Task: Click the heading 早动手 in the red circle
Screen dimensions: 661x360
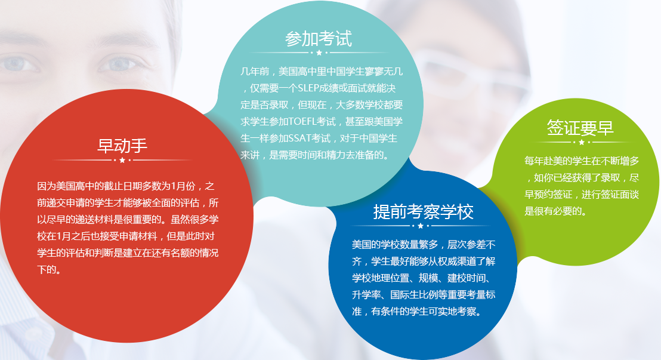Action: [x=122, y=146]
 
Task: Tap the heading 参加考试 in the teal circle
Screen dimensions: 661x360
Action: [x=319, y=39]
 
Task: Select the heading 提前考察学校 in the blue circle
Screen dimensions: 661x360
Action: [x=423, y=211]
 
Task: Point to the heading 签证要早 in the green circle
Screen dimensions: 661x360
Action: [x=580, y=127]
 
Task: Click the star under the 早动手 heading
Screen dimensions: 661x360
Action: [x=122, y=161]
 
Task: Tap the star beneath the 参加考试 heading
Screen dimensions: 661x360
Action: [x=319, y=53]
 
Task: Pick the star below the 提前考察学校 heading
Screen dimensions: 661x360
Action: [x=421, y=226]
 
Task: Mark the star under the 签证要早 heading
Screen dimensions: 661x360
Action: [x=582, y=142]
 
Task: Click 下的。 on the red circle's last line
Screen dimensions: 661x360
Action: [x=50, y=270]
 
